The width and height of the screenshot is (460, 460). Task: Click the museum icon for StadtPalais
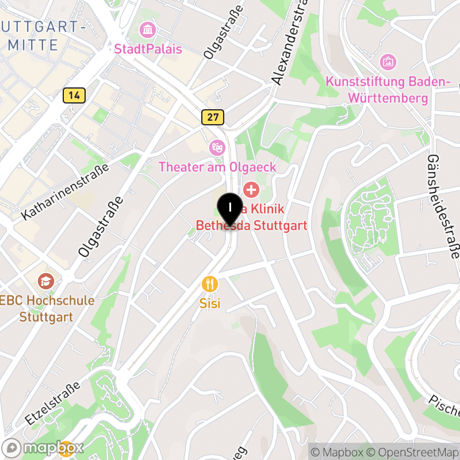(148, 29)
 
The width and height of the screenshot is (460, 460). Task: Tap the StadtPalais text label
(148, 49)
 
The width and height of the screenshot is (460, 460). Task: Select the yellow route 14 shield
(74, 95)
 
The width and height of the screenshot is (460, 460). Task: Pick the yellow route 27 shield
(213, 117)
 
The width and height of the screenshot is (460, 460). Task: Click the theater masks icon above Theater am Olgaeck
(217, 147)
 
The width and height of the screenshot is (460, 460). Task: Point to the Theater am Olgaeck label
(217, 167)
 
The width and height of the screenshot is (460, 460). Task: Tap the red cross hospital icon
(251, 189)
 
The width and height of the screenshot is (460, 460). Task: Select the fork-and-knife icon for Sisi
(210, 283)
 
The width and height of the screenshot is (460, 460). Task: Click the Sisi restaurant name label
(210, 303)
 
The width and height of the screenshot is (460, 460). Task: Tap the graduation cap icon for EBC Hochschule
(45, 281)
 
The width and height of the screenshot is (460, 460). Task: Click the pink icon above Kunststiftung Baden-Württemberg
(388, 61)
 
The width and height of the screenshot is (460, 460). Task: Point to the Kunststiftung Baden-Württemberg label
(388, 90)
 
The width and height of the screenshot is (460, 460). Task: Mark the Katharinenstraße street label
(65, 193)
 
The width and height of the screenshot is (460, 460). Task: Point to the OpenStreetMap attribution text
(414, 453)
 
